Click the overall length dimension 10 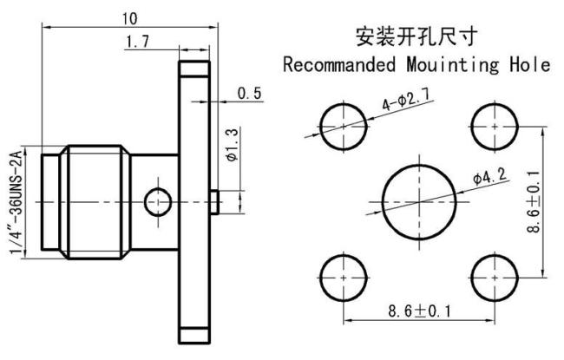(130, 18)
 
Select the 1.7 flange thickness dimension (137, 42)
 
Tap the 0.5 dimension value (249, 94)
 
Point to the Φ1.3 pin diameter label (233, 145)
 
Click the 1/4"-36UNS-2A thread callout (16, 202)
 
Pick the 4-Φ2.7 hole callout (406, 100)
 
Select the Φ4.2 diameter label (490, 176)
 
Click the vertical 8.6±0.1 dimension (534, 201)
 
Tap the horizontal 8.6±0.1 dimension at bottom (419, 311)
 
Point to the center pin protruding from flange (214, 202)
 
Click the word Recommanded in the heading (339, 65)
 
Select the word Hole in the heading (530, 65)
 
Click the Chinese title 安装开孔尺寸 (416, 36)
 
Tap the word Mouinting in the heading (453, 66)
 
